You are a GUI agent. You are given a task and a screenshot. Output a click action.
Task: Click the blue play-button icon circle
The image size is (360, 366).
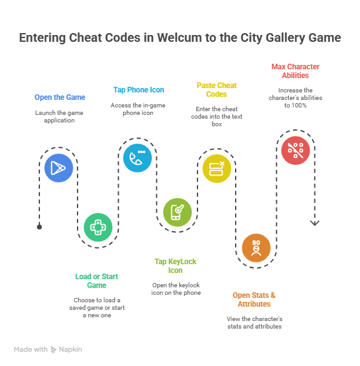59,168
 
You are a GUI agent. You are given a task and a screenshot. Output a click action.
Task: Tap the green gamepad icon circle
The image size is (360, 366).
98,227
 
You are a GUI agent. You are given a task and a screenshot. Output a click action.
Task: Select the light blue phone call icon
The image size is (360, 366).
137,158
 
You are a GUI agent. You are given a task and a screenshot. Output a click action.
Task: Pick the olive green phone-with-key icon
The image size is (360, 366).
177,212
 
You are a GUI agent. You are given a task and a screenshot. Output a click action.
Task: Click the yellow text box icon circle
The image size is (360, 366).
217,169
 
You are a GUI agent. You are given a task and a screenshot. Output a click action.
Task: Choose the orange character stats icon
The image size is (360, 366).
256,248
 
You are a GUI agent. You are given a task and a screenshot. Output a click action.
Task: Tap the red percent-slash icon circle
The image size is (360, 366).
296,151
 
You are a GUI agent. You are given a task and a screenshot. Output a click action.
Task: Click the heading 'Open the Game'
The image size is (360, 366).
60,97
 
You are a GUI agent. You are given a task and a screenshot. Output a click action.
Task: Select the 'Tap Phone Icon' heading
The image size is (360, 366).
139,90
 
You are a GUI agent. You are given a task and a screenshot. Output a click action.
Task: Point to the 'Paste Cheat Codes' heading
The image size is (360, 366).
216,90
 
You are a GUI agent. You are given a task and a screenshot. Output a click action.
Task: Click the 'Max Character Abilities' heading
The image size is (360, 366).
295,71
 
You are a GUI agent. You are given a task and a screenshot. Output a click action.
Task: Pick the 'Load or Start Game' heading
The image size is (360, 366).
96,281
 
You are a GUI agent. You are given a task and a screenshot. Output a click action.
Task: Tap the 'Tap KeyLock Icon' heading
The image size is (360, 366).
176,266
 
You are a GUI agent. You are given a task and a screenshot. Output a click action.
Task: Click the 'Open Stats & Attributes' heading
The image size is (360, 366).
254,299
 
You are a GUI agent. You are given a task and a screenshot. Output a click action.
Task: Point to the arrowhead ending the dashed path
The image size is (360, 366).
314,223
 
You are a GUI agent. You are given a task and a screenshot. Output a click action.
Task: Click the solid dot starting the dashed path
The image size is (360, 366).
39,227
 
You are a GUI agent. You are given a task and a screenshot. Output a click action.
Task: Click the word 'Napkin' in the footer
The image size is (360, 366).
71,349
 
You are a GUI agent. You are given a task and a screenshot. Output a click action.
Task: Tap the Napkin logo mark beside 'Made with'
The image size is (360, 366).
54,349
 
